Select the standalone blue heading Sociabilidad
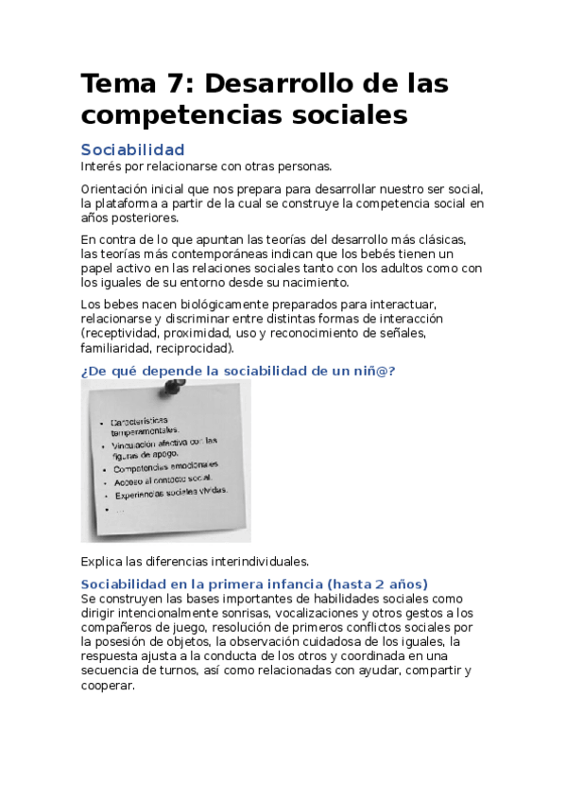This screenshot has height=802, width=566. click(132, 149)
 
